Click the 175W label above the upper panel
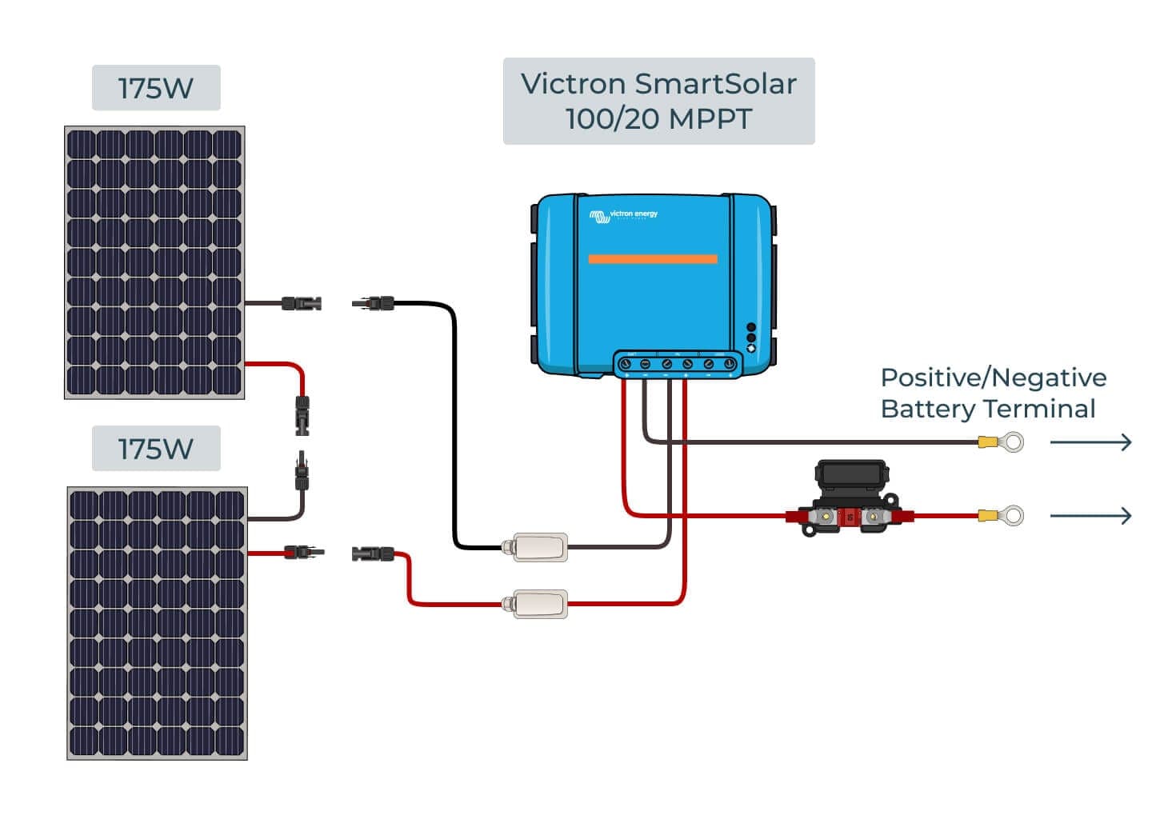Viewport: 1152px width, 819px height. [156, 88]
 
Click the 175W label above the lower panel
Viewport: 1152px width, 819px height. [156, 449]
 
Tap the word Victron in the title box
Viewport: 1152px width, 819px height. [573, 84]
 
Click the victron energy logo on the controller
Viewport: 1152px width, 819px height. [624, 214]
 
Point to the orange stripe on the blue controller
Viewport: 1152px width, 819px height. [653, 259]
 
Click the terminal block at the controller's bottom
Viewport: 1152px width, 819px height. [678, 364]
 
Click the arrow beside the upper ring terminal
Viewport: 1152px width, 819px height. [1090, 442]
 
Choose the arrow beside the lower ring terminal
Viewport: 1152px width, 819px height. [1090, 516]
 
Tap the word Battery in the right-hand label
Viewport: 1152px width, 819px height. [928, 409]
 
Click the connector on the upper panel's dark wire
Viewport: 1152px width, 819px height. [302, 303]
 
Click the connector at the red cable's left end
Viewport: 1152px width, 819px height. [373, 553]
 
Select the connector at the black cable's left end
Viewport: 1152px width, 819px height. [374, 302]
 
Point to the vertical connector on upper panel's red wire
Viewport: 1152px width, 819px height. [302, 414]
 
